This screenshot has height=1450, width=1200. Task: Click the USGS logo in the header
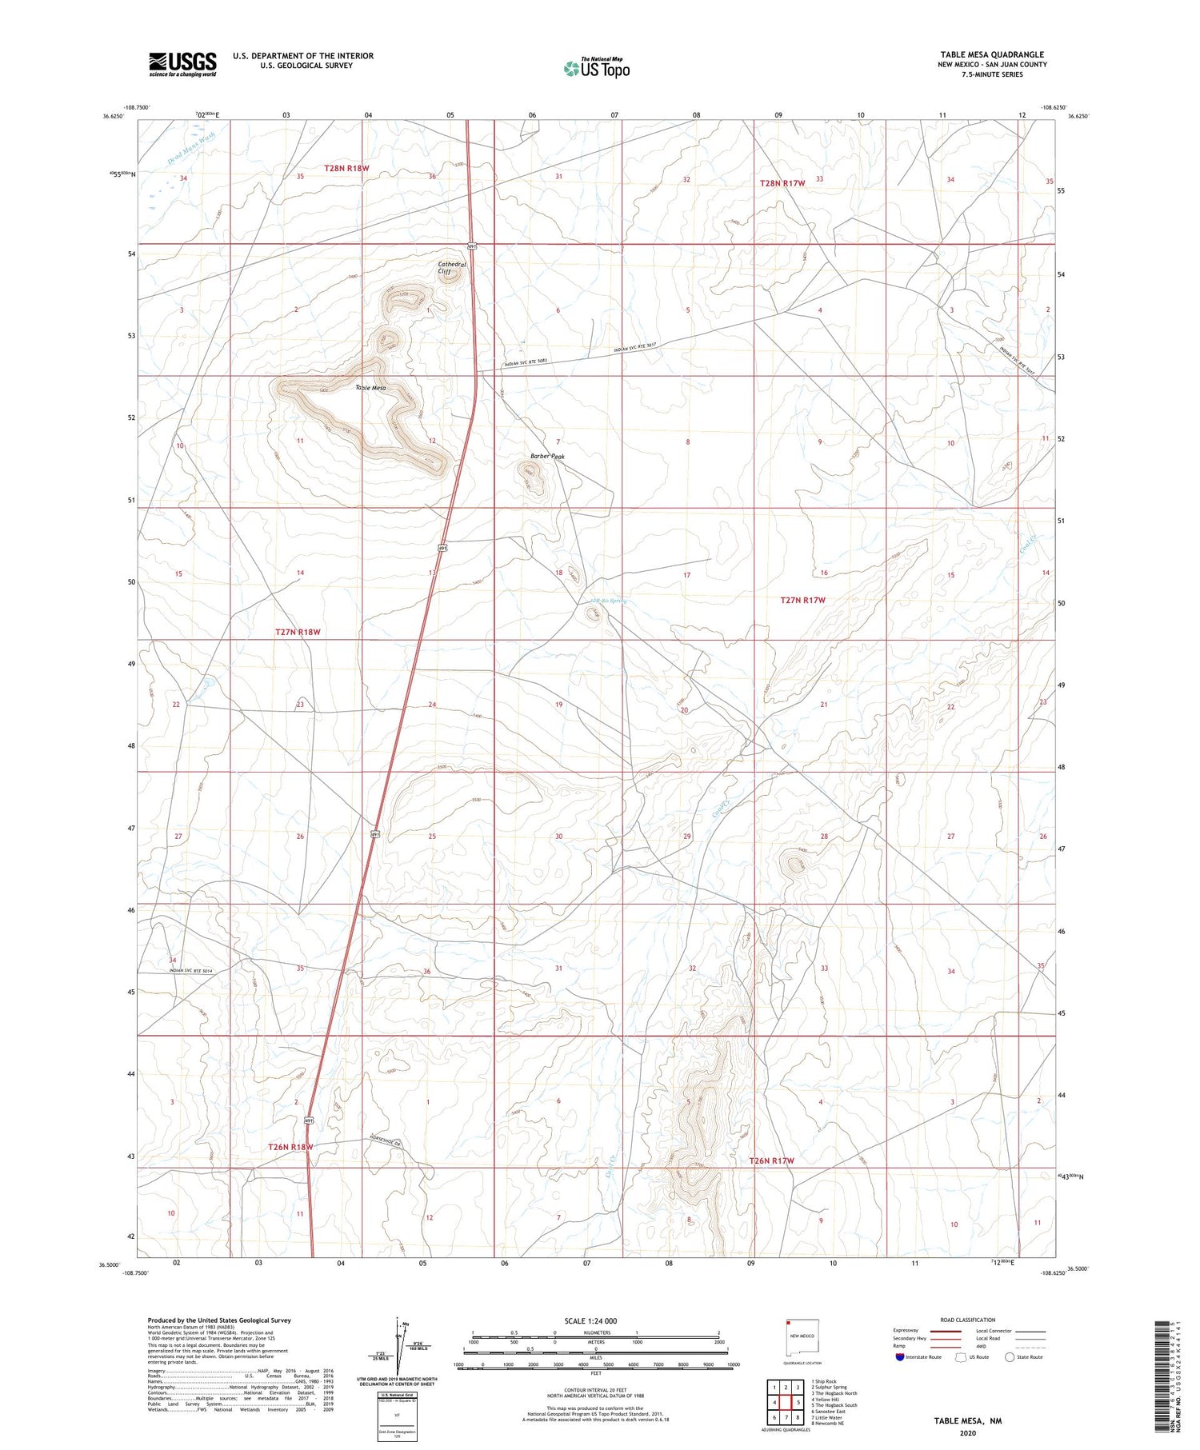182,64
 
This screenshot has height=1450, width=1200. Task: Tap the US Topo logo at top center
597,69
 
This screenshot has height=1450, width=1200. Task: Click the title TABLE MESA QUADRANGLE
992,54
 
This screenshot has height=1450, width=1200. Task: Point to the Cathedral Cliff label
451,268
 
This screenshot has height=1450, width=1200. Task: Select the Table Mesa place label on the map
370,388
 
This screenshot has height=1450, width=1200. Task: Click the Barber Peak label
547,457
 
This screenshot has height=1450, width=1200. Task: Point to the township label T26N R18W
290,1147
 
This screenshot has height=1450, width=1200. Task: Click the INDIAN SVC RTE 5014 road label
191,971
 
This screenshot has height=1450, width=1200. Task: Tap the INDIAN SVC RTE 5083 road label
526,363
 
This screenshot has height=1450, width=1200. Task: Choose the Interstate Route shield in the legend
900,1357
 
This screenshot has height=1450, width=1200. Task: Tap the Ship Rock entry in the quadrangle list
823,1381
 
